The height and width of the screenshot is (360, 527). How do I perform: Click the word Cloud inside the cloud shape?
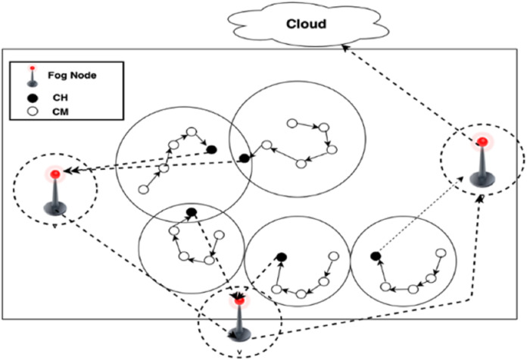coord(306,23)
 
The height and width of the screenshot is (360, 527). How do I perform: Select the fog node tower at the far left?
coord(55,193)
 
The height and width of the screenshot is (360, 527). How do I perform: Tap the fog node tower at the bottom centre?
coord(239,318)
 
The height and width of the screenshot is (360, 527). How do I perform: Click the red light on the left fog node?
coord(55,175)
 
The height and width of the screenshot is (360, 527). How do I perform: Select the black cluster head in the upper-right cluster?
coord(244,158)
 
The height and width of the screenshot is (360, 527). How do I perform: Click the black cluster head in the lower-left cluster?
coord(192,211)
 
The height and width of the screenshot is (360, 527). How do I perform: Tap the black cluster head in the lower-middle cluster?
coord(281,258)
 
